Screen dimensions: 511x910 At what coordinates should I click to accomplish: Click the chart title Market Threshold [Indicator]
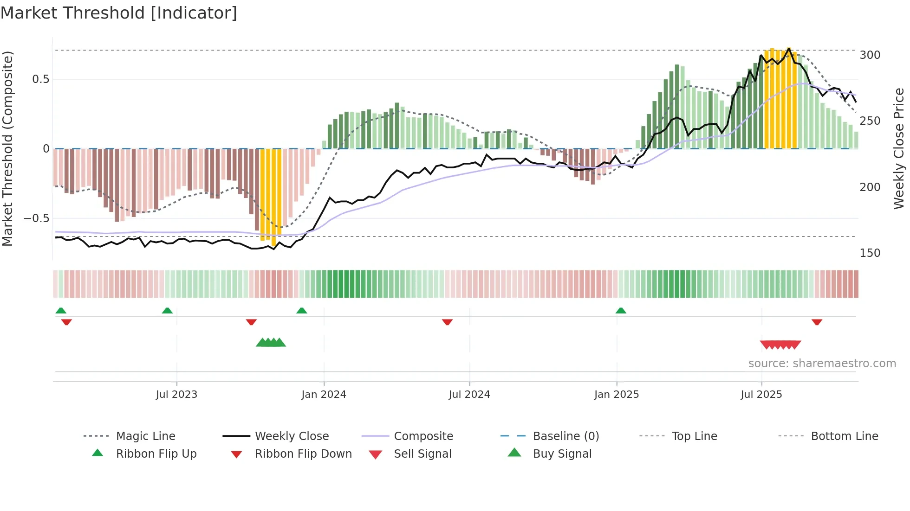tap(119, 13)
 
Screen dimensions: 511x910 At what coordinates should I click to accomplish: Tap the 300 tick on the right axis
tap(870, 55)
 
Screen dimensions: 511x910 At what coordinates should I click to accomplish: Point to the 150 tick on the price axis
tap(870, 253)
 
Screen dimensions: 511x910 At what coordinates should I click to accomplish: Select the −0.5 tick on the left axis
tap(37, 218)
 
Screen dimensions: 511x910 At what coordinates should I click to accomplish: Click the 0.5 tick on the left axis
tap(40, 79)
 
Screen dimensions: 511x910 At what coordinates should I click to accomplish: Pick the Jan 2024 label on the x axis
tap(324, 395)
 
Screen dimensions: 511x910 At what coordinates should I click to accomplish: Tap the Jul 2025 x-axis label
tap(761, 395)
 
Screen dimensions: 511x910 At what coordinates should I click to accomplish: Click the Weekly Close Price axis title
tap(899, 148)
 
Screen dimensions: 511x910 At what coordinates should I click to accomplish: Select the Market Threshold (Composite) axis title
tap(8, 148)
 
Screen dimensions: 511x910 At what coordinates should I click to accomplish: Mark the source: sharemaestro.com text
tap(822, 364)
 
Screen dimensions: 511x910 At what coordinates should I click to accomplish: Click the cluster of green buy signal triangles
tap(271, 343)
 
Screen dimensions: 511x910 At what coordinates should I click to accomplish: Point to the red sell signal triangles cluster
tap(780, 345)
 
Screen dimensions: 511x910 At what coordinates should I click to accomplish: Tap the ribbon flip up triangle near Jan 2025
tap(621, 311)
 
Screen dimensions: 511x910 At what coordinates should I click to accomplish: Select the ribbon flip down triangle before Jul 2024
tap(447, 322)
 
